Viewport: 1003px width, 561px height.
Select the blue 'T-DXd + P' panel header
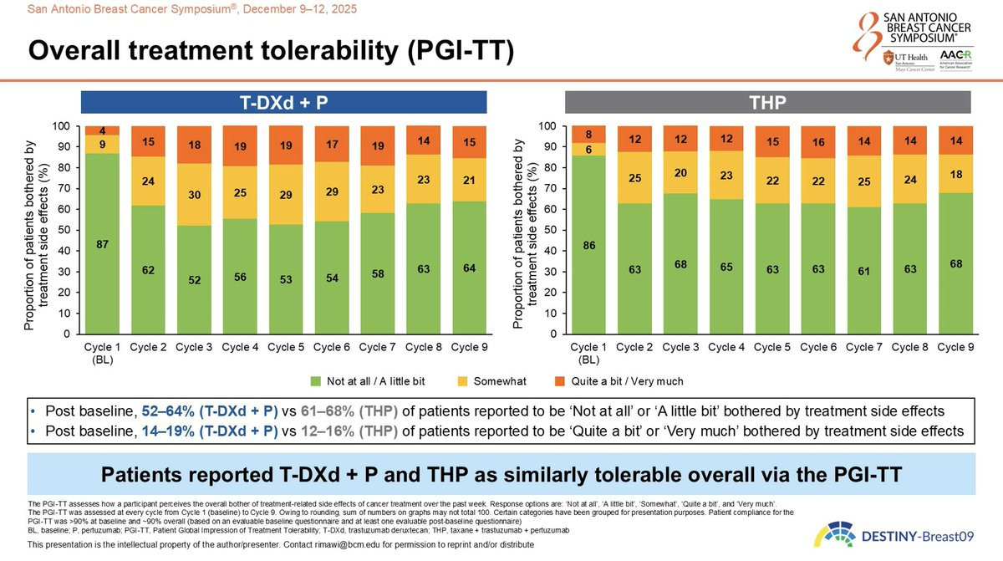[284, 103]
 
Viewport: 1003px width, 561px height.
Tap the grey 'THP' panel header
[768, 103]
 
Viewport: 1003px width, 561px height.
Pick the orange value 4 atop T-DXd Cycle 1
[102, 130]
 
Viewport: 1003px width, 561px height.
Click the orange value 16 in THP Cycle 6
[816, 144]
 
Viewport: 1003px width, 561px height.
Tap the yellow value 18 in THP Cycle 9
[954, 174]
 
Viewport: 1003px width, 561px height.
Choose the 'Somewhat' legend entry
[498, 381]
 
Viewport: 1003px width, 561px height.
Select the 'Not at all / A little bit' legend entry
[375, 381]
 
